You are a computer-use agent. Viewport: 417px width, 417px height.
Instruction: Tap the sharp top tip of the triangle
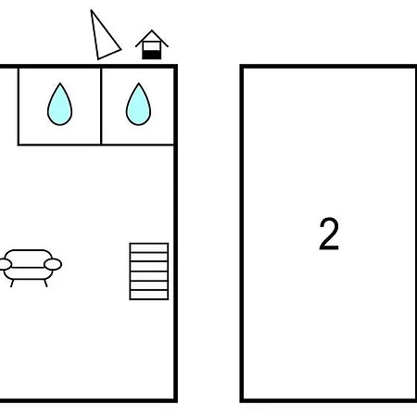(91, 10)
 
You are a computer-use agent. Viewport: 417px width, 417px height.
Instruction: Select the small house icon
(152, 44)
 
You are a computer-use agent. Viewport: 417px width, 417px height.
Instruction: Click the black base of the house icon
(152, 55)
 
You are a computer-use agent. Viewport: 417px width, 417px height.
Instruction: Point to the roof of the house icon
(152, 38)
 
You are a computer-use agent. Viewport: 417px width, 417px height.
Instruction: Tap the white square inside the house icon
(152, 46)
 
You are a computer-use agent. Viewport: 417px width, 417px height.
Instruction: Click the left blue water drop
(59, 105)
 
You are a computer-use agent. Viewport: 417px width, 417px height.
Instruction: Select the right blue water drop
(138, 105)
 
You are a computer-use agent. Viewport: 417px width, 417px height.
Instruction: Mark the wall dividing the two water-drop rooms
(101, 106)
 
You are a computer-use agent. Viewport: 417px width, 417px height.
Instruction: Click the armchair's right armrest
(53, 264)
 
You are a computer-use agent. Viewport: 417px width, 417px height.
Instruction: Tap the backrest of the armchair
(29, 259)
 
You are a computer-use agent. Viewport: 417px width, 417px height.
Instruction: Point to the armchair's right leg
(45, 284)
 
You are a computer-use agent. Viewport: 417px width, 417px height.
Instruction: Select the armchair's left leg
(12, 284)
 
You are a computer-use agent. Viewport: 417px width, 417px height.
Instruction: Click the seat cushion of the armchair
(28, 273)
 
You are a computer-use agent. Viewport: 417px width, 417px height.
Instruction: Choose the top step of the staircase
(149, 248)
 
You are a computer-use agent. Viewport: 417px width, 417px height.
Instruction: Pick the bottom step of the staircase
(149, 295)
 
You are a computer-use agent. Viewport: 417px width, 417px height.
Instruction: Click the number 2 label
(329, 234)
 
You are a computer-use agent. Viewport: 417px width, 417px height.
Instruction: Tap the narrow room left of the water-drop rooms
(8, 106)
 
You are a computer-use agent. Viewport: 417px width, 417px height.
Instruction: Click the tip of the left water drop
(60, 83)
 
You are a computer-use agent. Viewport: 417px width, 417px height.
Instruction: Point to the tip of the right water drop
(139, 83)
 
